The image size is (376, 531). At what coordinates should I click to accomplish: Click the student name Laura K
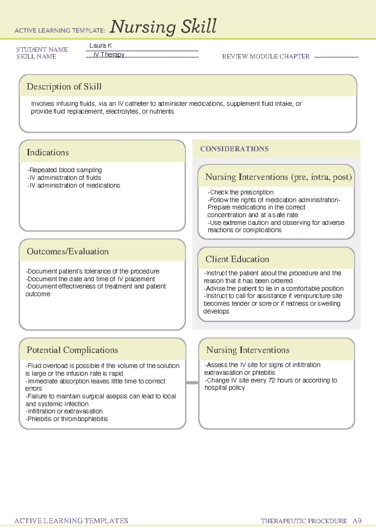100,46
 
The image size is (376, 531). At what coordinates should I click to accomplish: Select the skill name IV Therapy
109,54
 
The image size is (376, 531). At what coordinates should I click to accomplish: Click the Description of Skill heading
64,87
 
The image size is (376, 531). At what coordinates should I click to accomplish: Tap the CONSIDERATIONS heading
234,149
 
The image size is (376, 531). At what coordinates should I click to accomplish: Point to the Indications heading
48,152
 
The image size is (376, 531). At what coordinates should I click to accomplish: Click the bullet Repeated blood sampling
65,170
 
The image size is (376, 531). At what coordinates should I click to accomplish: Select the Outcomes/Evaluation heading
68,251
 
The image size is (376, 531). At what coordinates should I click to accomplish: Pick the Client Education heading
237,259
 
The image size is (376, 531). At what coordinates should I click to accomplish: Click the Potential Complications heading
72,350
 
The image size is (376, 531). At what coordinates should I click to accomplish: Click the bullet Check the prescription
241,192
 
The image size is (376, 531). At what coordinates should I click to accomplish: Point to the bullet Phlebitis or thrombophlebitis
67,419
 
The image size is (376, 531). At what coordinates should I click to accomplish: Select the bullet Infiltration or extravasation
65,411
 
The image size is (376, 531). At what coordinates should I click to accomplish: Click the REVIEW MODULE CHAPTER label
266,57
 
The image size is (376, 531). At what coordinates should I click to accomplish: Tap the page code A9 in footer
357,521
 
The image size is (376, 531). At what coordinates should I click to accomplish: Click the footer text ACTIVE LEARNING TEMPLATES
71,521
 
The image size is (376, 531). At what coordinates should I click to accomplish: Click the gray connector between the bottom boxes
192,383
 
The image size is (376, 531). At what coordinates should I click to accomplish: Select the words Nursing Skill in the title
163,26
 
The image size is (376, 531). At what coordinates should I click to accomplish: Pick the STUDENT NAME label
42,49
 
